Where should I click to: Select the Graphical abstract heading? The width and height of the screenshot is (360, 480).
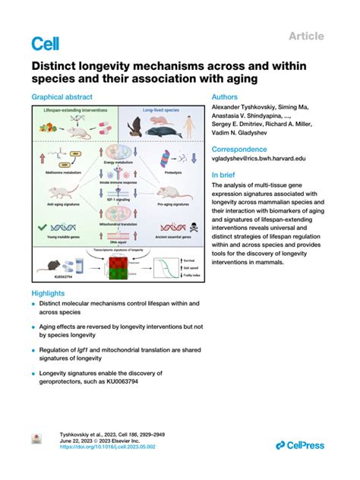(62, 97)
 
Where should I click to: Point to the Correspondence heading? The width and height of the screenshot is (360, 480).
(238, 150)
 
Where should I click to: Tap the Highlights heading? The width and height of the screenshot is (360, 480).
(48, 292)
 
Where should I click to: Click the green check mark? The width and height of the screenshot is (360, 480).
(46, 226)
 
